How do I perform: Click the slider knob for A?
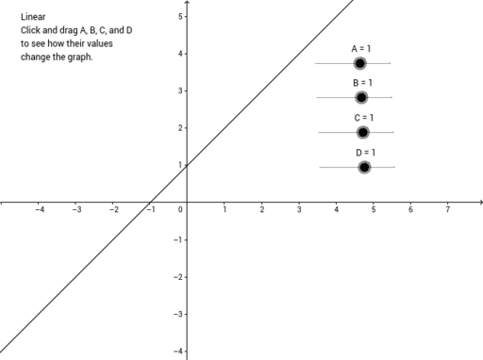(359, 63)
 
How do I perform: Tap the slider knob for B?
(361, 97)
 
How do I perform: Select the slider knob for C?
(363, 132)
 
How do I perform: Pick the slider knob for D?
(364, 167)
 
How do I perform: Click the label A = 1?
(362, 48)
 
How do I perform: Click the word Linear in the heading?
(34, 17)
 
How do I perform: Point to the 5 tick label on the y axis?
(179, 17)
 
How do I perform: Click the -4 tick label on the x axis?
(39, 209)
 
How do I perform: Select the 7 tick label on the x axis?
(448, 209)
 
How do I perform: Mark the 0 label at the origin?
(180, 209)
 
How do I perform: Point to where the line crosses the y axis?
(187, 165)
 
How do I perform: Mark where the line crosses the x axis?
(150, 202)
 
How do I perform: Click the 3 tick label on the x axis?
(299, 209)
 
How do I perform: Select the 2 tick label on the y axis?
(179, 128)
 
